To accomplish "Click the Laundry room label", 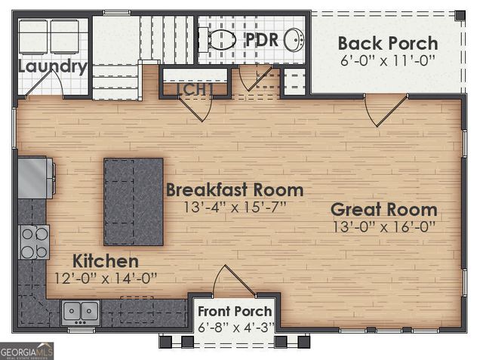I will (52, 66).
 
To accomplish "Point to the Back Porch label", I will (387, 43).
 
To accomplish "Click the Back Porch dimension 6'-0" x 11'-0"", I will (387, 61).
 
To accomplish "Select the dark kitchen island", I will (134, 202).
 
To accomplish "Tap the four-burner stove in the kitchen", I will (34, 242).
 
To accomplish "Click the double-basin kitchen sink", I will (81, 310).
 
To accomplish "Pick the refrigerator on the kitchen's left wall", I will (34, 177).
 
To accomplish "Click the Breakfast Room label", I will (234, 189).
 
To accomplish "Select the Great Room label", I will (383, 209).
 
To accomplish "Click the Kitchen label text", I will (106, 261).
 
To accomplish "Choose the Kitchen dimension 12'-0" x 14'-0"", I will (106, 278).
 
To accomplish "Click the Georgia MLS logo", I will (27, 351).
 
